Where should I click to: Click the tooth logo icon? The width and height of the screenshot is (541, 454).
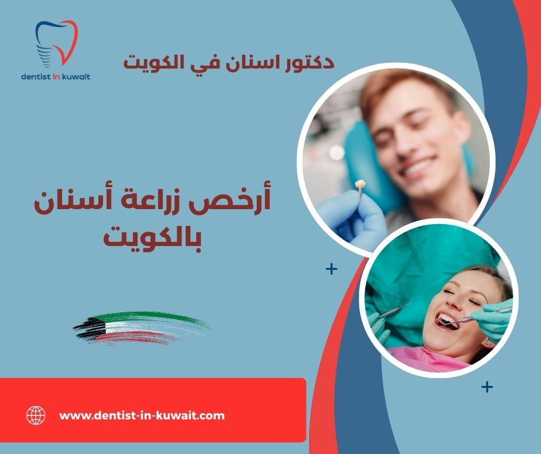click(x=56, y=43)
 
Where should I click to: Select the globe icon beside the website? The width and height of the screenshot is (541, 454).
click(x=36, y=415)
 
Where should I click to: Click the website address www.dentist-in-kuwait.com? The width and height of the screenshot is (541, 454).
click(x=142, y=415)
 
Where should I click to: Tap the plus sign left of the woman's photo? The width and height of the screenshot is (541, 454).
click(x=332, y=269)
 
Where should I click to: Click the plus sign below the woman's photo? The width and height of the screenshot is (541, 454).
click(x=487, y=387)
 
